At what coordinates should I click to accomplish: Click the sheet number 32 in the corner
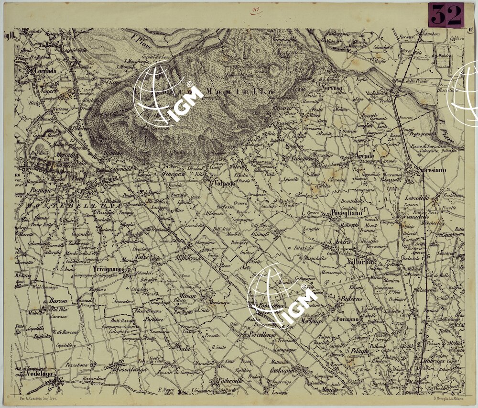tap(446, 15)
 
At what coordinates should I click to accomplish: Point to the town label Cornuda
tap(45, 71)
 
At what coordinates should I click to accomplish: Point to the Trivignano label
tap(109, 270)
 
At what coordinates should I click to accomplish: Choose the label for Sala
tap(184, 348)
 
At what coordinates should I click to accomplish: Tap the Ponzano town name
tap(348, 319)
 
